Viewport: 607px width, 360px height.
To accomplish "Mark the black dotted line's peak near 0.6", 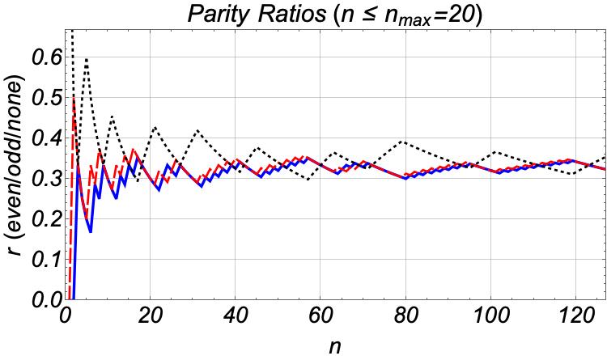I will click(x=86, y=58).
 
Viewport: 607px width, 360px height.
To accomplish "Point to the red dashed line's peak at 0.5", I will click(x=74, y=98).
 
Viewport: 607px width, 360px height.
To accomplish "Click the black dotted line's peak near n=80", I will click(x=402, y=142).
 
